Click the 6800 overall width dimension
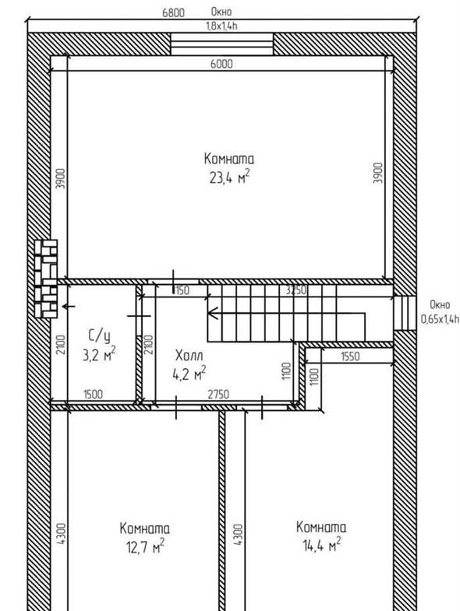click(173, 12)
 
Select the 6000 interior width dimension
click(221, 64)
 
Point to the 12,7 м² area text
click(145, 546)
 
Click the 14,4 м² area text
click(322, 545)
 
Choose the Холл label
click(189, 356)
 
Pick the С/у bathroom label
click(99, 335)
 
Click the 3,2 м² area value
click(99, 354)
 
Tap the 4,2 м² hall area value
click(189, 374)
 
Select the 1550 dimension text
click(350, 356)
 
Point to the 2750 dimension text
click(218, 395)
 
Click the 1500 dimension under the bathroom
click(93, 395)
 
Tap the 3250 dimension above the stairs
click(295, 290)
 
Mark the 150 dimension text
click(182, 290)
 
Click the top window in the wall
click(221, 44)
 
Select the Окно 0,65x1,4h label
click(440, 312)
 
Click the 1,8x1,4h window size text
click(221, 26)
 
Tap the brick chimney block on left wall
click(46, 279)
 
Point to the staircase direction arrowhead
click(213, 313)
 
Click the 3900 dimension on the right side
click(378, 173)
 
